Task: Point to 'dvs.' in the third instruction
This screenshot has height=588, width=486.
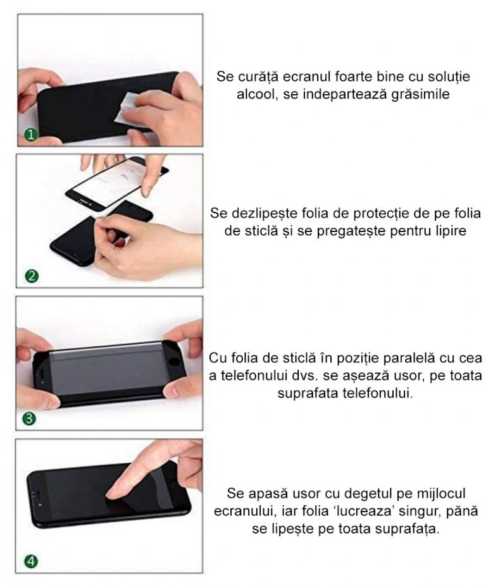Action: [x=311, y=375]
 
